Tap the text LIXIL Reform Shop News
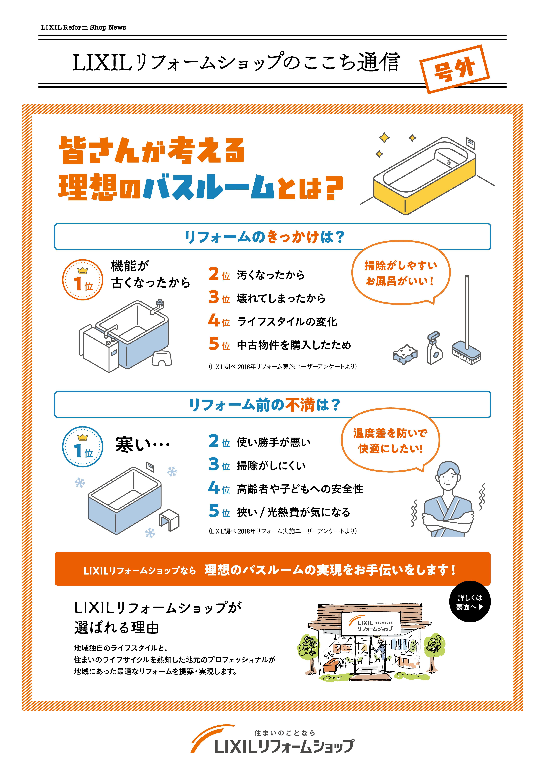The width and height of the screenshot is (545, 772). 83,27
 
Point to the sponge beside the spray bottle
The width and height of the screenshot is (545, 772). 405,354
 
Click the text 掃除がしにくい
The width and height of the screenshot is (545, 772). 271,466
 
